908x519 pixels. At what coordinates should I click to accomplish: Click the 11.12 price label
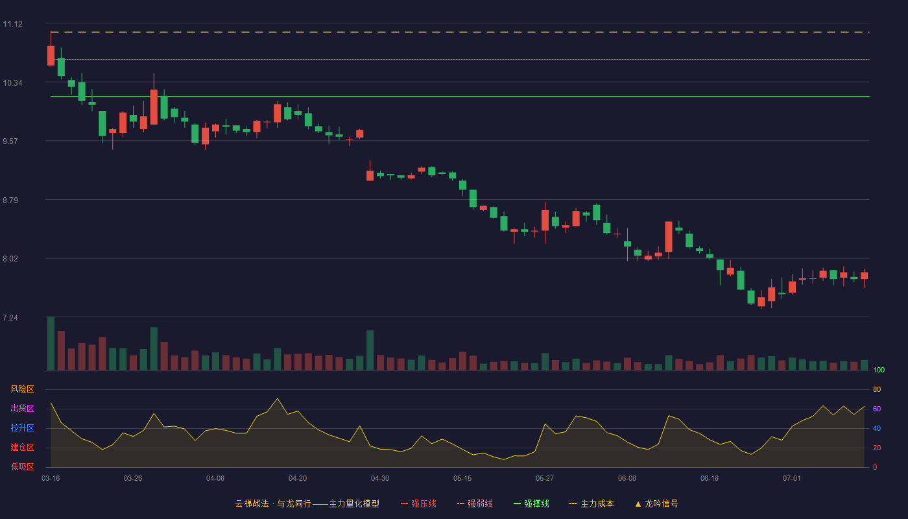[x=12, y=24]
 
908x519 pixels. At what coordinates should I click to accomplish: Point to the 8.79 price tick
[x=10, y=200]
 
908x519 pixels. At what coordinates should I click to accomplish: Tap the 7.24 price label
[x=10, y=318]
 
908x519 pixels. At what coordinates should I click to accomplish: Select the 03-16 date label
[x=51, y=479]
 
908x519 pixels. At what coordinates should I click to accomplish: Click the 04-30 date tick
[x=380, y=479]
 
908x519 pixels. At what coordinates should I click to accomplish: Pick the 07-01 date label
[x=792, y=479]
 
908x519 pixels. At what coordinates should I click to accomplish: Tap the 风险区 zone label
[x=22, y=389]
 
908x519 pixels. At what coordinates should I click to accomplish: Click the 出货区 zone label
[x=22, y=408]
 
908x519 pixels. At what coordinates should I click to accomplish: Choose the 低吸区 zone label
[x=22, y=466]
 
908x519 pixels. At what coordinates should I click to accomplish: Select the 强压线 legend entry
[x=418, y=503]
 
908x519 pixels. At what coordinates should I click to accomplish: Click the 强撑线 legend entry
[x=531, y=503]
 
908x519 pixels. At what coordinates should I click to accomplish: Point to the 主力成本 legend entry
[x=591, y=503]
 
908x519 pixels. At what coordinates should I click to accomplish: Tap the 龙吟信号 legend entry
[x=656, y=503]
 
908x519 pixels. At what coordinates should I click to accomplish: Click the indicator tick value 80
[x=877, y=390]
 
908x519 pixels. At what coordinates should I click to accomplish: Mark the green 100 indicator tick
[x=879, y=370]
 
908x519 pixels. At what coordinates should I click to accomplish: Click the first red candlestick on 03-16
[x=51, y=56]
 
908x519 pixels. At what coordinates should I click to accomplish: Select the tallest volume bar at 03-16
[x=51, y=343]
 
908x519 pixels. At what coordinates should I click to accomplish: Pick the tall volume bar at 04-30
[x=370, y=350]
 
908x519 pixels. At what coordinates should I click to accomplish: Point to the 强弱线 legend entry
[x=475, y=503]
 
